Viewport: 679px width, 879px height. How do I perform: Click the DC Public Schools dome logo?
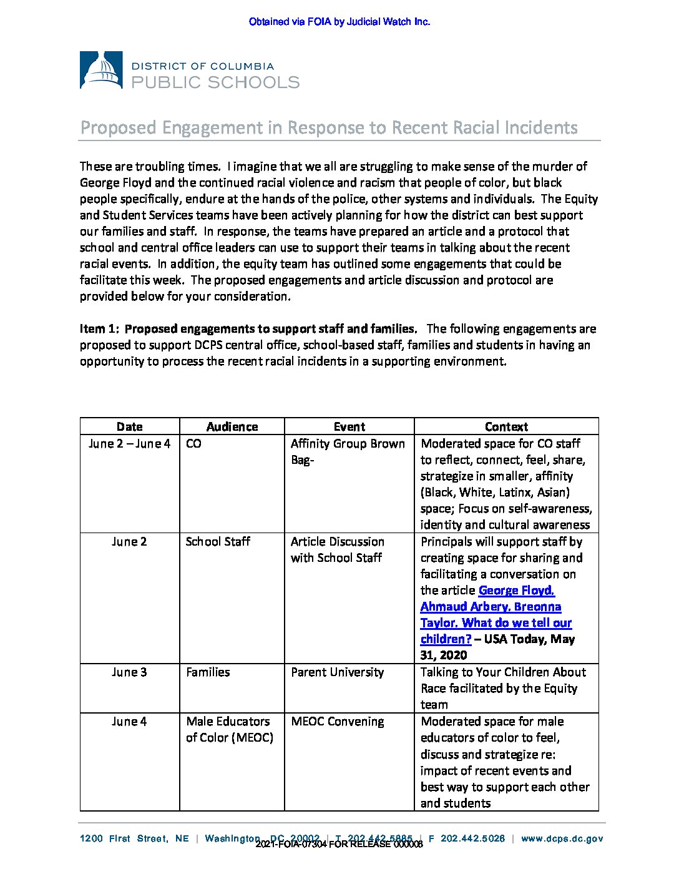(101, 70)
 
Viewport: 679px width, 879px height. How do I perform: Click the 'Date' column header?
(129, 426)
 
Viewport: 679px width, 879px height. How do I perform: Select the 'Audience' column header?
(232, 426)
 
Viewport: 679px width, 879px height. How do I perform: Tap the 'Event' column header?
(349, 426)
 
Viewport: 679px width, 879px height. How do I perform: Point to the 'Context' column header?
(506, 426)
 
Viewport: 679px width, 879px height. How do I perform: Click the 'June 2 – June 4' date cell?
(129, 444)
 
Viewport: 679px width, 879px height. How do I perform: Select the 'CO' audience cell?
(193, 444)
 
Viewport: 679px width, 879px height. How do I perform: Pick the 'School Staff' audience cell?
(218, 542)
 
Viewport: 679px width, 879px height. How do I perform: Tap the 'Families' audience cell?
(208, 672)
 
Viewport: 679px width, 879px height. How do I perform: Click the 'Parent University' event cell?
(337, 672)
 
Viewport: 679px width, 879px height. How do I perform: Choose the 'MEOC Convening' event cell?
(337, 722)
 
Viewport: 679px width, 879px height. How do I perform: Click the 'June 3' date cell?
(129, 672)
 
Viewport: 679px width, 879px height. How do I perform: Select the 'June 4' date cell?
(129, 722)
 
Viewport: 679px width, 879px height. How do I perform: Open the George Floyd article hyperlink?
(496, 614)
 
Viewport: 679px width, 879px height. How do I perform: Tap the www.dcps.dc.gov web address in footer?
(562, 838)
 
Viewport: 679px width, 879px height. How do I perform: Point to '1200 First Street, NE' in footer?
(134, 838)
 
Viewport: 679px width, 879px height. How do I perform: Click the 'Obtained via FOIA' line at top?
(339, 22)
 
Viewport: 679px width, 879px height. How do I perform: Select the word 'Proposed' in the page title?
(118, 128)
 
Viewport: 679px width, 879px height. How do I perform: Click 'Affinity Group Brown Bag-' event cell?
(347, 452)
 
